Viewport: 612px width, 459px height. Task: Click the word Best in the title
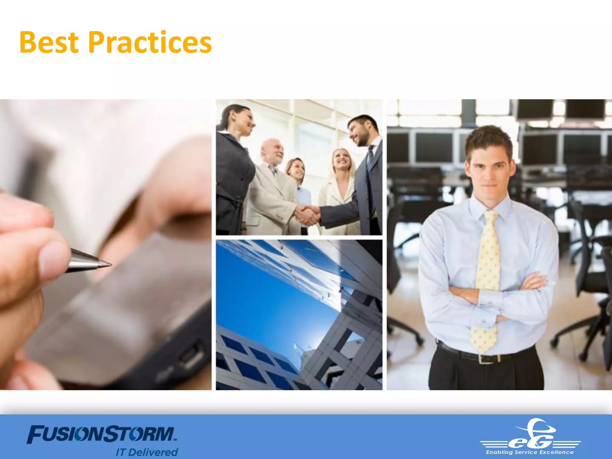(x=49, y=42)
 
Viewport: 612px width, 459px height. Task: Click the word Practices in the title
(x=150, y=42)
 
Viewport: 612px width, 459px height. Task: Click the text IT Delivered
(x=147, y=452)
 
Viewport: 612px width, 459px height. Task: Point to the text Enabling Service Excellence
(x=530, y=452)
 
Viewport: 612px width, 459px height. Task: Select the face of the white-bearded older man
(x=273, y=151)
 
